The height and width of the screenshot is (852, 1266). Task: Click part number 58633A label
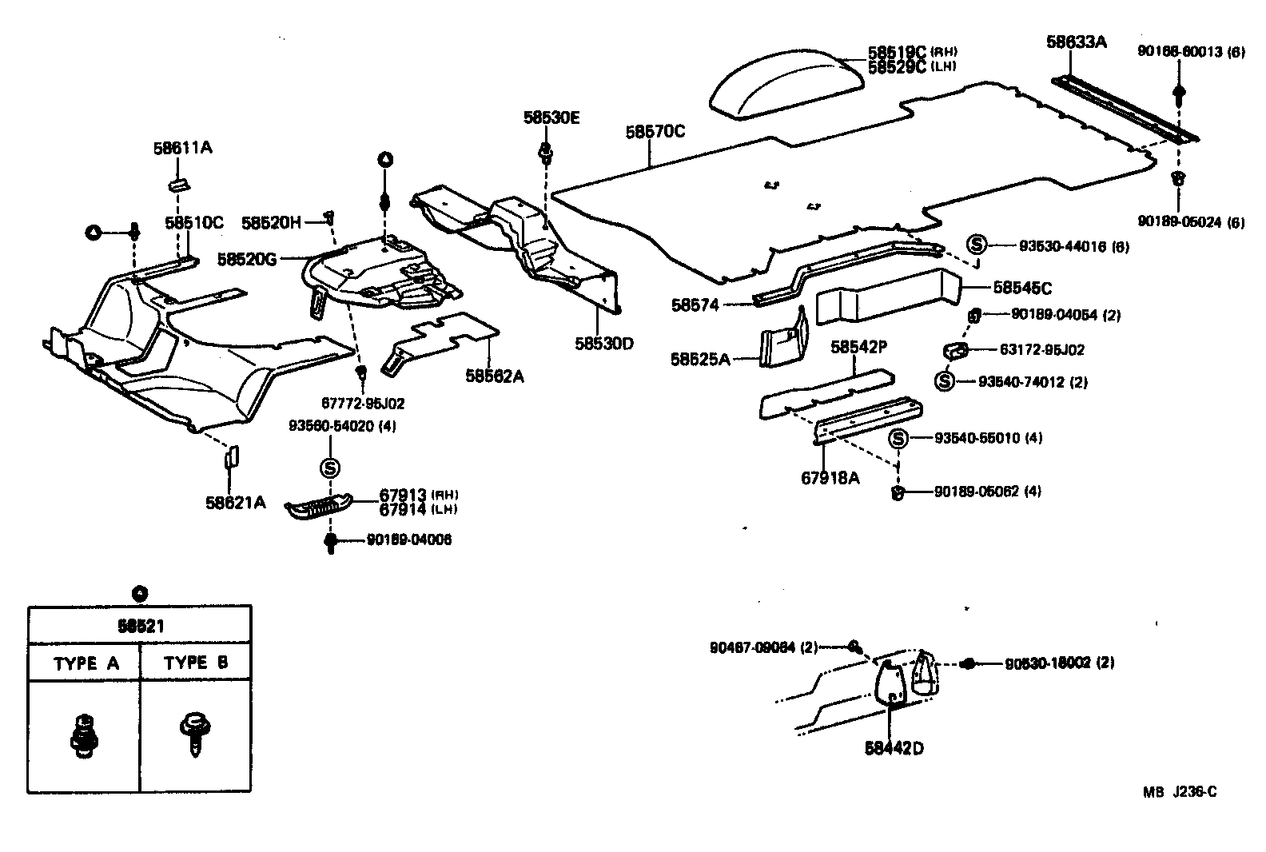click(x=1076, y=42)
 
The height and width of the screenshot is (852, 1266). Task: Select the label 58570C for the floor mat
click(x=655, y=131)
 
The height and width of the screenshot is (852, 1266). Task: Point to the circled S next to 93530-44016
click(x=976, y=245)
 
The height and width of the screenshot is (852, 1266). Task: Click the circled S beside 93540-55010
click(x=898, y=438)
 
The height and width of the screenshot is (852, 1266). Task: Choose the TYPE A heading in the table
click(x=86, y=663)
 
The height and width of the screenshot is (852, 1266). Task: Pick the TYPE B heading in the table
click(x=196, y=663)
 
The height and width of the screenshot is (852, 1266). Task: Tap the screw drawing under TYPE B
click(x=193, y=733)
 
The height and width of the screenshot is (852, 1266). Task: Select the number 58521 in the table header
click(x=141, y=626)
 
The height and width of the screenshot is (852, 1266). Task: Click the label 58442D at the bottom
click(x=894, y=748)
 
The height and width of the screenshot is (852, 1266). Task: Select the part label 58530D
click(x=603, y=344)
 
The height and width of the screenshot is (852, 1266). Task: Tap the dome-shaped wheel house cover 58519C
click(x=786, y=84)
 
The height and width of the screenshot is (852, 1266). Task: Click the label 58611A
click(x=182, y=148)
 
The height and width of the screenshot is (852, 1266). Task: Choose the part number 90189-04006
click(x=408, y=539)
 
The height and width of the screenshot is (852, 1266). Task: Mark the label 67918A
click(x=830, y=478)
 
